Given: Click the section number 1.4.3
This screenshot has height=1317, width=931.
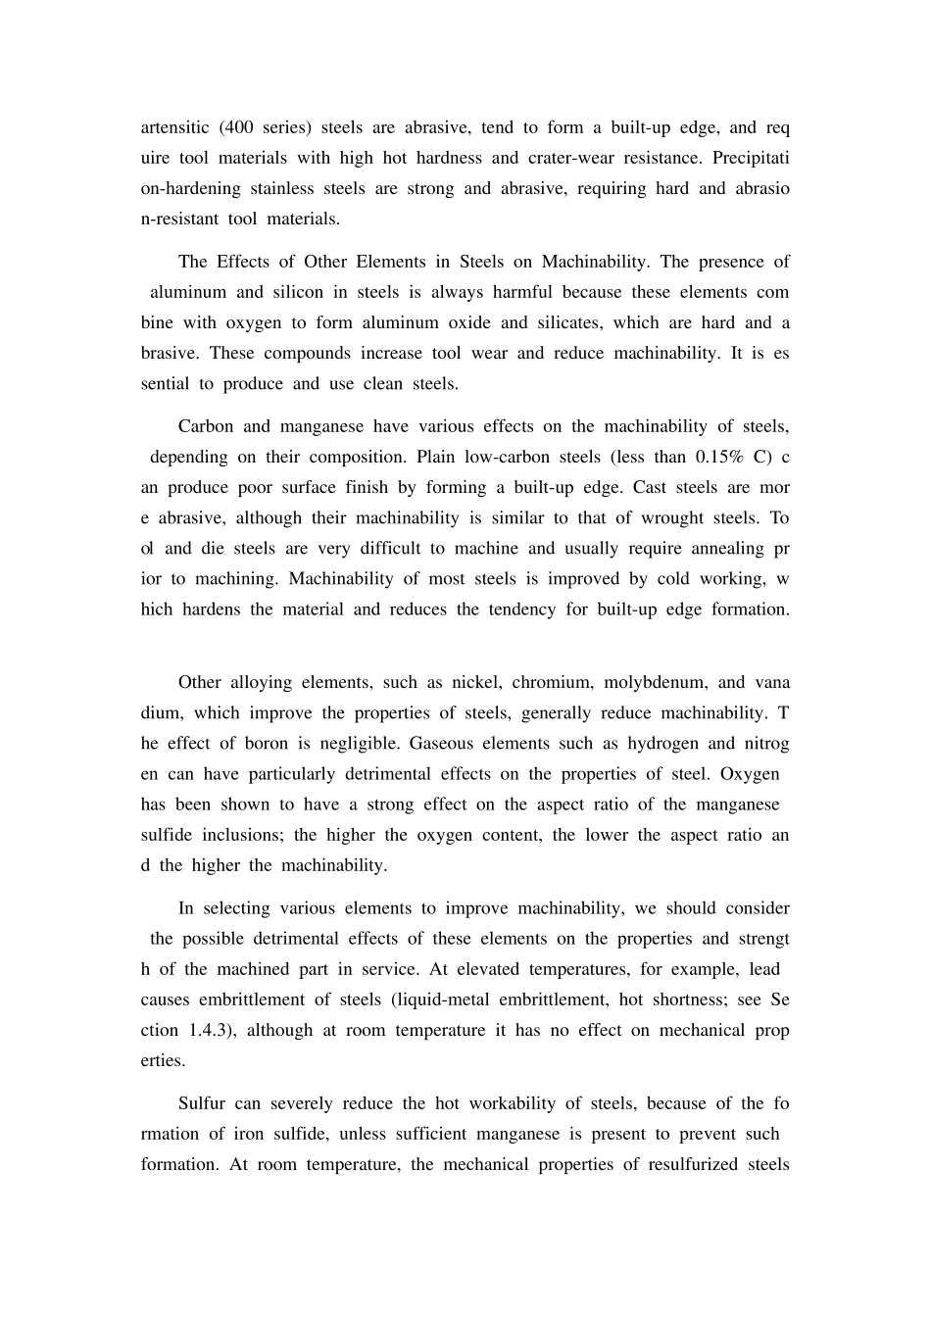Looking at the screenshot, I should coord(209,1030).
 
